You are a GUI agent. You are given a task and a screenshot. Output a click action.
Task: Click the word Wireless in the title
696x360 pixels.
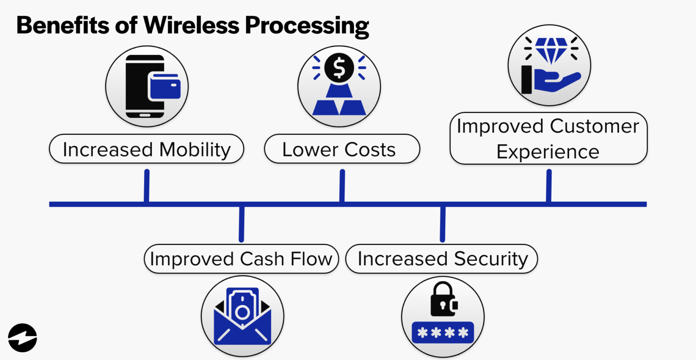[192, 25]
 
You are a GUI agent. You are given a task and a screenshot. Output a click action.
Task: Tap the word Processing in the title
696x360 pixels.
[307, 26]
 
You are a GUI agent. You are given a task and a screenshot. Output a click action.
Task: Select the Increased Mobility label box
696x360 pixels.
[146, 149]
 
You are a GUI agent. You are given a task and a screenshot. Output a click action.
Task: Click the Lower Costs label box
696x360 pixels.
[342, 149]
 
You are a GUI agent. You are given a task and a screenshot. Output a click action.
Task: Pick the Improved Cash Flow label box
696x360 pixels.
[241, 259]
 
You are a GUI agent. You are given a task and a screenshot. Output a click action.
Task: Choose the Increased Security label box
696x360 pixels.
[442, 259]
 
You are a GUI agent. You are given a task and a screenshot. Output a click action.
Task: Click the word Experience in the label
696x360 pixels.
[547, 151]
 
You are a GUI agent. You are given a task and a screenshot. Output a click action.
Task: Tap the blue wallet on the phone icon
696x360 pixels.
[164, 86]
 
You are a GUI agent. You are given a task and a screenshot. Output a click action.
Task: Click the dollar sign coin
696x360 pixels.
[339, 68]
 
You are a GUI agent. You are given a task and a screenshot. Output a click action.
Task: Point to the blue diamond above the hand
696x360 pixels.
[551, 49]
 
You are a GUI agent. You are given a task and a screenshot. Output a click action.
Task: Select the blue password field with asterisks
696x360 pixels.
[442, 333]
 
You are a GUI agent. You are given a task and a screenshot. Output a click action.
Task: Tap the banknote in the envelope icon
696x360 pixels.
[242, 308]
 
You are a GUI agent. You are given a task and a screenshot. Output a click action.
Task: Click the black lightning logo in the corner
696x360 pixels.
[22, 338]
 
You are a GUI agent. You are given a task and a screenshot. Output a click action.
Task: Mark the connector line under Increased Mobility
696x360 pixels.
[146, 186]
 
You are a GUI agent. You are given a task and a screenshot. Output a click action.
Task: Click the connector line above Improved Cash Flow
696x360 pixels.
[241, 224]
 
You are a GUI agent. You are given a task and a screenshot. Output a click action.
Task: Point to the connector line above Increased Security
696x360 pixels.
[442, 224]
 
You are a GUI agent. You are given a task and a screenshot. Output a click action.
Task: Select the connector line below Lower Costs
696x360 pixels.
[342, 186]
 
